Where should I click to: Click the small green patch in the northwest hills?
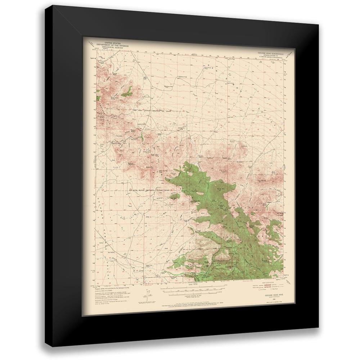click(127, 93)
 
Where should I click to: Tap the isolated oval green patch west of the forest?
click(174, 196)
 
